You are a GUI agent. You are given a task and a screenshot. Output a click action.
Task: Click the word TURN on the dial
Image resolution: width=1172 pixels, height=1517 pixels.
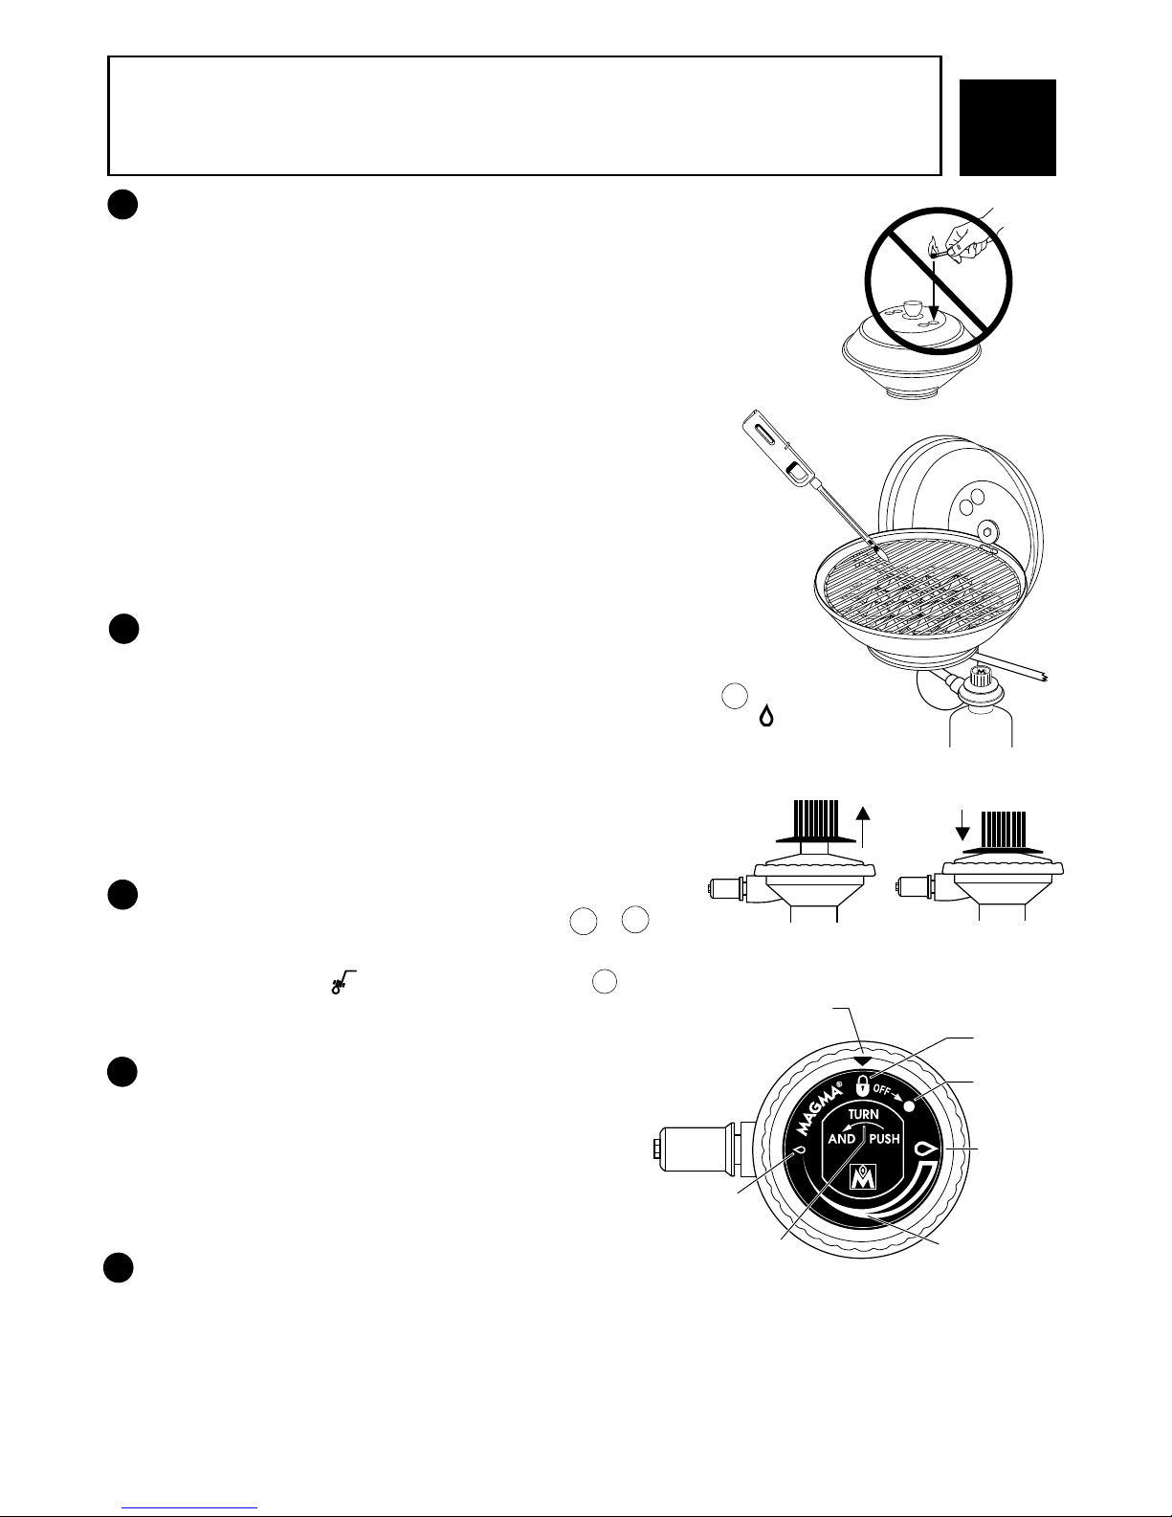coord(864,1114)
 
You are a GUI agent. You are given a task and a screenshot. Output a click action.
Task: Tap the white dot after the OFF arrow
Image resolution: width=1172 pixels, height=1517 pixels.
coord(910,1104)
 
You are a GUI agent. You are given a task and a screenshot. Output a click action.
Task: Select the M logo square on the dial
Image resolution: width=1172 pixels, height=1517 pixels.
coord(864,1177)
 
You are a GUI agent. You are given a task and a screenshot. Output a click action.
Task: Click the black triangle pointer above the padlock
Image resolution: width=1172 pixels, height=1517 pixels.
coord(863,1061)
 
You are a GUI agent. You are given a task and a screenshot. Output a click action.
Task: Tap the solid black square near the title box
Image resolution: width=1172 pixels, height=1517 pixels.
coord(1007,127)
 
